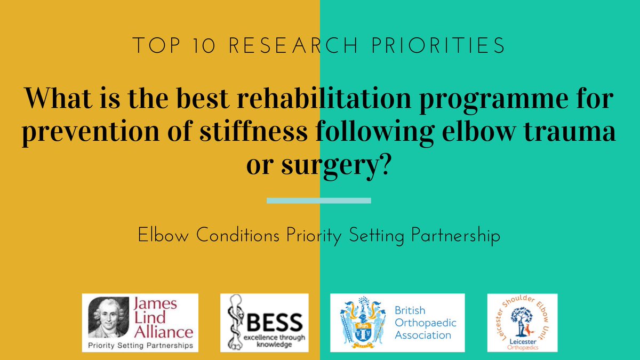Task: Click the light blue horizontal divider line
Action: click(318, 201)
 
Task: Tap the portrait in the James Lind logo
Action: click(105, 318)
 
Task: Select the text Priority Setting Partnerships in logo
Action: click(139, 346)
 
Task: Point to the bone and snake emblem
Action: click(234, 323)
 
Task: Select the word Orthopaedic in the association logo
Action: click(425, 323)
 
